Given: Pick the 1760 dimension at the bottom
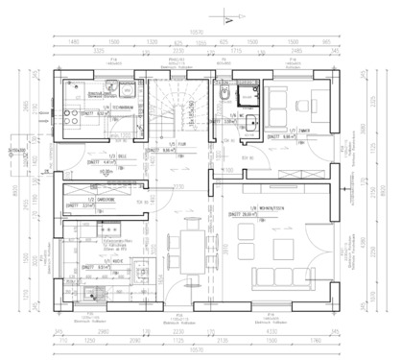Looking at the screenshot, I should (306, 340).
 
